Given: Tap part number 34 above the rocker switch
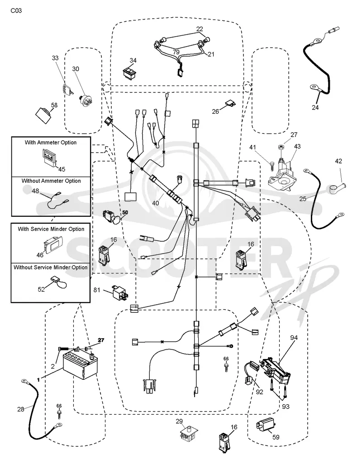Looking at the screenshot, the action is [x=133, y=60].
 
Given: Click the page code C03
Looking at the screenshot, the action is [x=16, y=11].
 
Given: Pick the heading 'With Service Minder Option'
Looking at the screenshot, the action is [x=51, y=229].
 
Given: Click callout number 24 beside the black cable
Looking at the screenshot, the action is [x=315, y=108].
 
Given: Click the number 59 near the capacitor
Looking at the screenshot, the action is [x=276, y=437].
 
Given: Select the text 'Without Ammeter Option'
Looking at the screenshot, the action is [x=51, y=181].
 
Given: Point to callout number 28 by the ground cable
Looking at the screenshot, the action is [x=21, y=409].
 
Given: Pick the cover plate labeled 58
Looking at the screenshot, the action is [x=44, y=115].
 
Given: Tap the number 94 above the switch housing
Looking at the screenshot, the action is [x=294, y=338].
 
